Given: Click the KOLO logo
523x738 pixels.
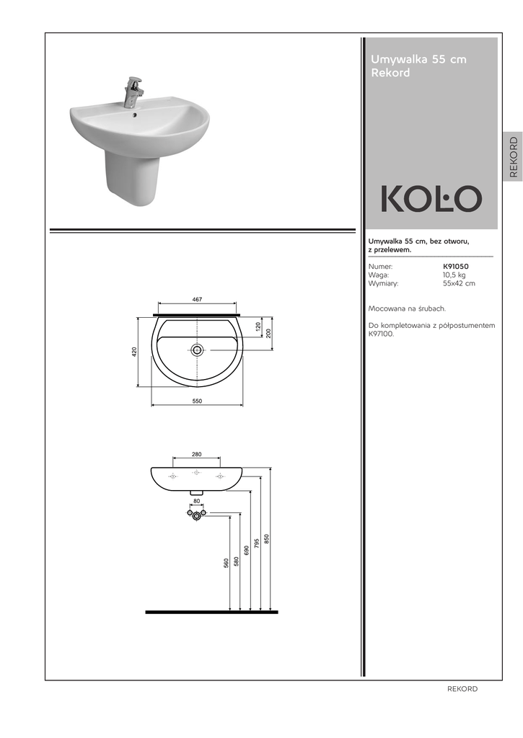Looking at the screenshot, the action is click(x=431, y=198).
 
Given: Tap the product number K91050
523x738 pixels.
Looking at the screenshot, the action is click(x=456, y=267).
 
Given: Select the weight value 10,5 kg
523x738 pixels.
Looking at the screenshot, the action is click(x=454, y=275).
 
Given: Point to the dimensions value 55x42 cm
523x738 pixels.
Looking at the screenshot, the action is click(x=459, y=283).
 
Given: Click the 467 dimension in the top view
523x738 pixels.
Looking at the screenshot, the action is click(x=197, y=299).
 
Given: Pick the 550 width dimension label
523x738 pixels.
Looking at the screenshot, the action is click(x=197, y=401).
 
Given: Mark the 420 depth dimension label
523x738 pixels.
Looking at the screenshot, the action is click(x=134, y=351).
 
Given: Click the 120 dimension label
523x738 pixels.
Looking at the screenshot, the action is click(x=258, y=326).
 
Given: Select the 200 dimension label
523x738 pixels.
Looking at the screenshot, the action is click(x=268, y=333).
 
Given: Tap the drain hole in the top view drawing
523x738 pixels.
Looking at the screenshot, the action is click(x=197, y=350).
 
